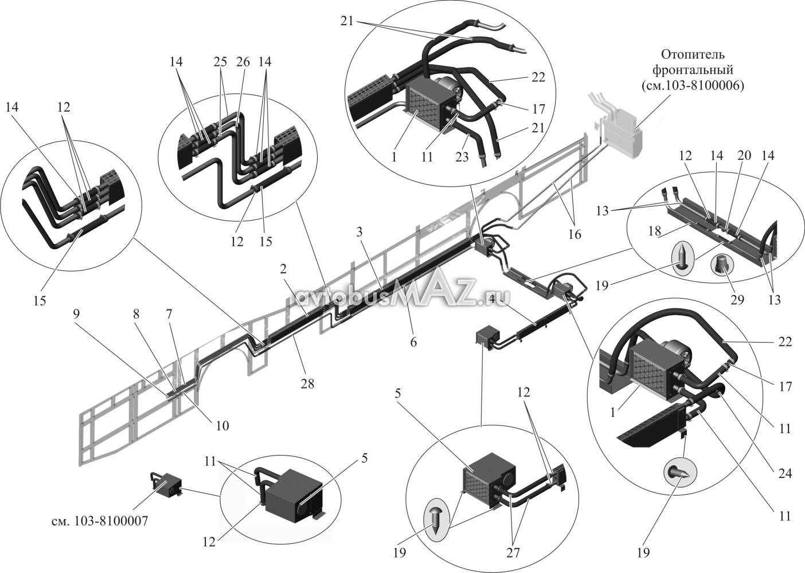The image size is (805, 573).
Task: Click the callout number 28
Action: [308, 384]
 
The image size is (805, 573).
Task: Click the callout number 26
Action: [243, 61]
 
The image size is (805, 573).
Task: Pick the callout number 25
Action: [221, 61]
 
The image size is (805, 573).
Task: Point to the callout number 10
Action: [222, 425]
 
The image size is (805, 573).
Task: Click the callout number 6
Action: [413, 342]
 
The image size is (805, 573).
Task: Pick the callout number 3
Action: [359, 232]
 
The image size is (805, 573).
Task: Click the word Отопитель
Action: [693, 55]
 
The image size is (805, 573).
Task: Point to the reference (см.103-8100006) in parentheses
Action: [692, 85]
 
